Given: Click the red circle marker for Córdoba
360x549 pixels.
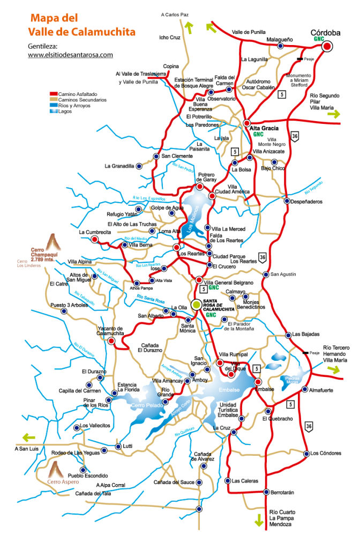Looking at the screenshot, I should coord(327,47).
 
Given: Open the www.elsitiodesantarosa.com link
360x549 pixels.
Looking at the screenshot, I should coord(70,55).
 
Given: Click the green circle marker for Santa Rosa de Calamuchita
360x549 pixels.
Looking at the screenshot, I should coord(197,304).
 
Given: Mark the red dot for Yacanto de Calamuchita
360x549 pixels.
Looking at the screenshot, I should coord(111,340).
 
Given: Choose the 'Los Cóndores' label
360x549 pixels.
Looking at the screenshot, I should coord(326,453).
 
